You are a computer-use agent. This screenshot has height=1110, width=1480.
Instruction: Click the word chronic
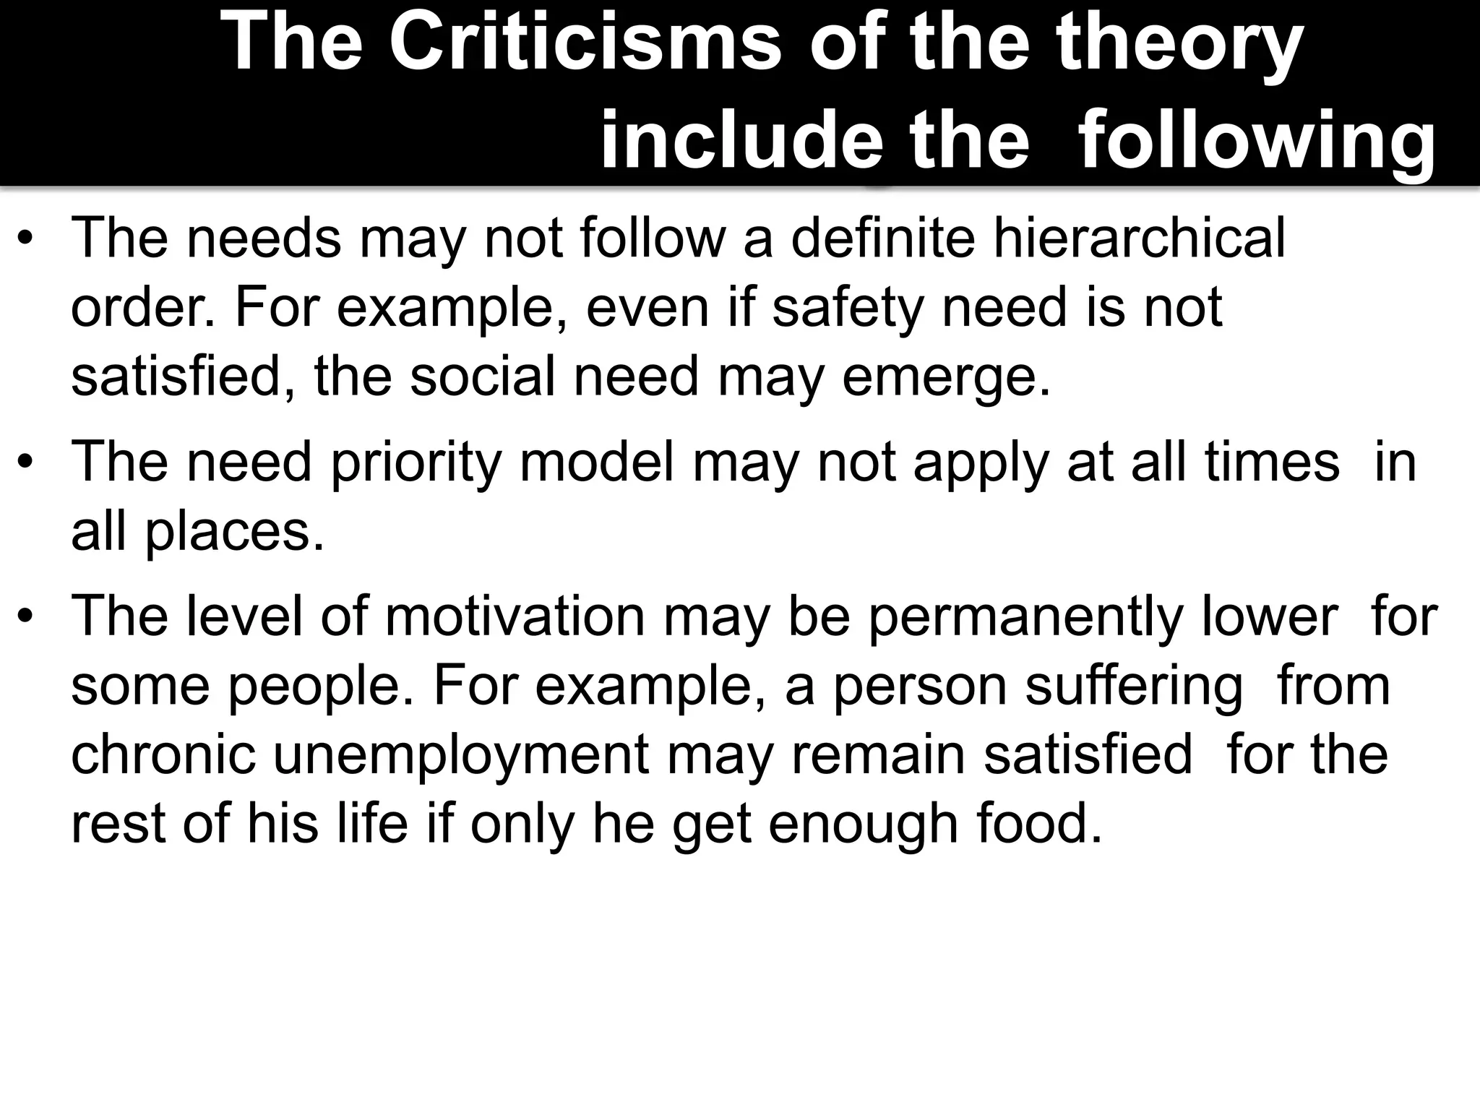click(163, 754)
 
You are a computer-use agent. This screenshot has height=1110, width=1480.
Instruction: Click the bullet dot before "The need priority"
click(27, 462)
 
